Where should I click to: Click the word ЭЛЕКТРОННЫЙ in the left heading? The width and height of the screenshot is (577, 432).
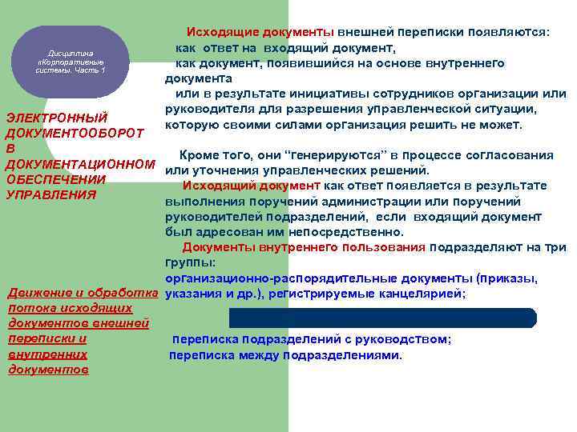(57, 118)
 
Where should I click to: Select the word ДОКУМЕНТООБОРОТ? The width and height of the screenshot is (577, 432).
(75, 133)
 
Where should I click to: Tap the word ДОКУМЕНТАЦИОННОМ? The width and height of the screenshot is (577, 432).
(80, 163)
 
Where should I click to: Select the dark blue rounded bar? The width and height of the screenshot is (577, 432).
(382, 317)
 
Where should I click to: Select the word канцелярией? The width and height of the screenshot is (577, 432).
(427, 294)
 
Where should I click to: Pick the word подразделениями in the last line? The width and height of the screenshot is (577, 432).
(348, 354)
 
